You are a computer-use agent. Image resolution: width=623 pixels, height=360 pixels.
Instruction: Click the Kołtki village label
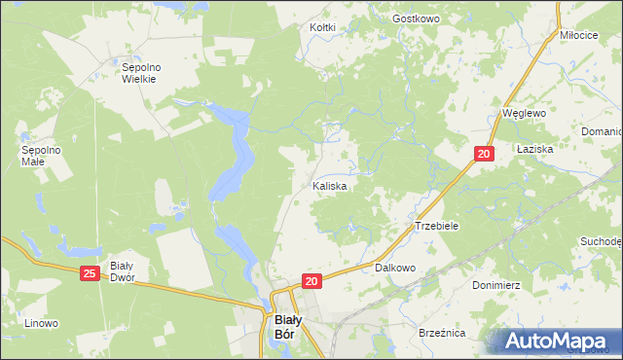point(322,27)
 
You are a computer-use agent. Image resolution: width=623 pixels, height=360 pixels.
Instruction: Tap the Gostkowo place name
point(417,18)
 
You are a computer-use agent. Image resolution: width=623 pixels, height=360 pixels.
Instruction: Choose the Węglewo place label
point(523,113)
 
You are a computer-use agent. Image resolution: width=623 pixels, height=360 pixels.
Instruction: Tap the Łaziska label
point(535,149)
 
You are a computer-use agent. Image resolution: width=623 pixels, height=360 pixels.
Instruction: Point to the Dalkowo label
point(395,267)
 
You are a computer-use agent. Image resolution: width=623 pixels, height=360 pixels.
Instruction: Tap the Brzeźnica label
point(442,333)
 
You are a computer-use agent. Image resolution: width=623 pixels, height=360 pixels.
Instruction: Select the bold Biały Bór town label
point(284,326)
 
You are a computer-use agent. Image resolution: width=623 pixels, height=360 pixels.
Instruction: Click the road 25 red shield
point(90,275)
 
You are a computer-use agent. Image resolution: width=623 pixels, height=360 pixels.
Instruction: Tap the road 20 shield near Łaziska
point(484,154)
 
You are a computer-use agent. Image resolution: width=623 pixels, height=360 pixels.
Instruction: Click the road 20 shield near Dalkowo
point(311,281)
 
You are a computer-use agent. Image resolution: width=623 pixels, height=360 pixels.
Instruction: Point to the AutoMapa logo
point(557,341)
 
